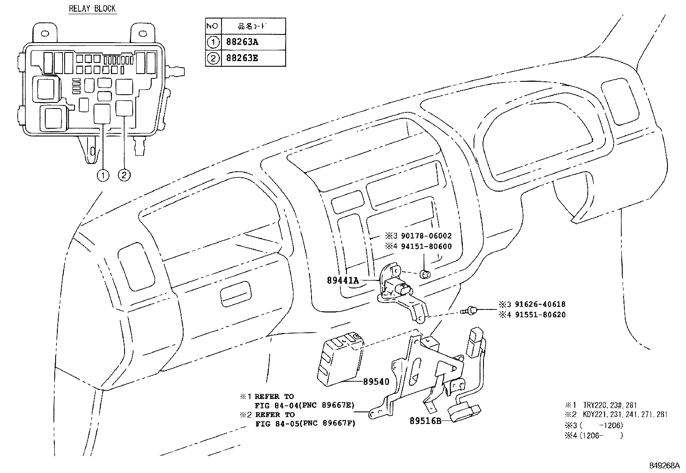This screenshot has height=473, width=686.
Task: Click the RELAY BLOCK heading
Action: (x=92, y=8)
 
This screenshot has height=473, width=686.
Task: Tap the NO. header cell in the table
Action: (x=213, y=26)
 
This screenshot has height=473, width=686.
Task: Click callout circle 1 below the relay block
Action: (x=103, y=175)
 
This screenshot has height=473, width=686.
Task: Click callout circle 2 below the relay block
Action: (x=124, y=175)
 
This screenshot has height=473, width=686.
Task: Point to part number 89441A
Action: (x=343, y=280)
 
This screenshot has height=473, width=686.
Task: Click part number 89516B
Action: (x=425, y=421)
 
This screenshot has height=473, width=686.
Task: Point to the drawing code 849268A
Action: (x=664, y=465)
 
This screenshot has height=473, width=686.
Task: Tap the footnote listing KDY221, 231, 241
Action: (x=625, y=414)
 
